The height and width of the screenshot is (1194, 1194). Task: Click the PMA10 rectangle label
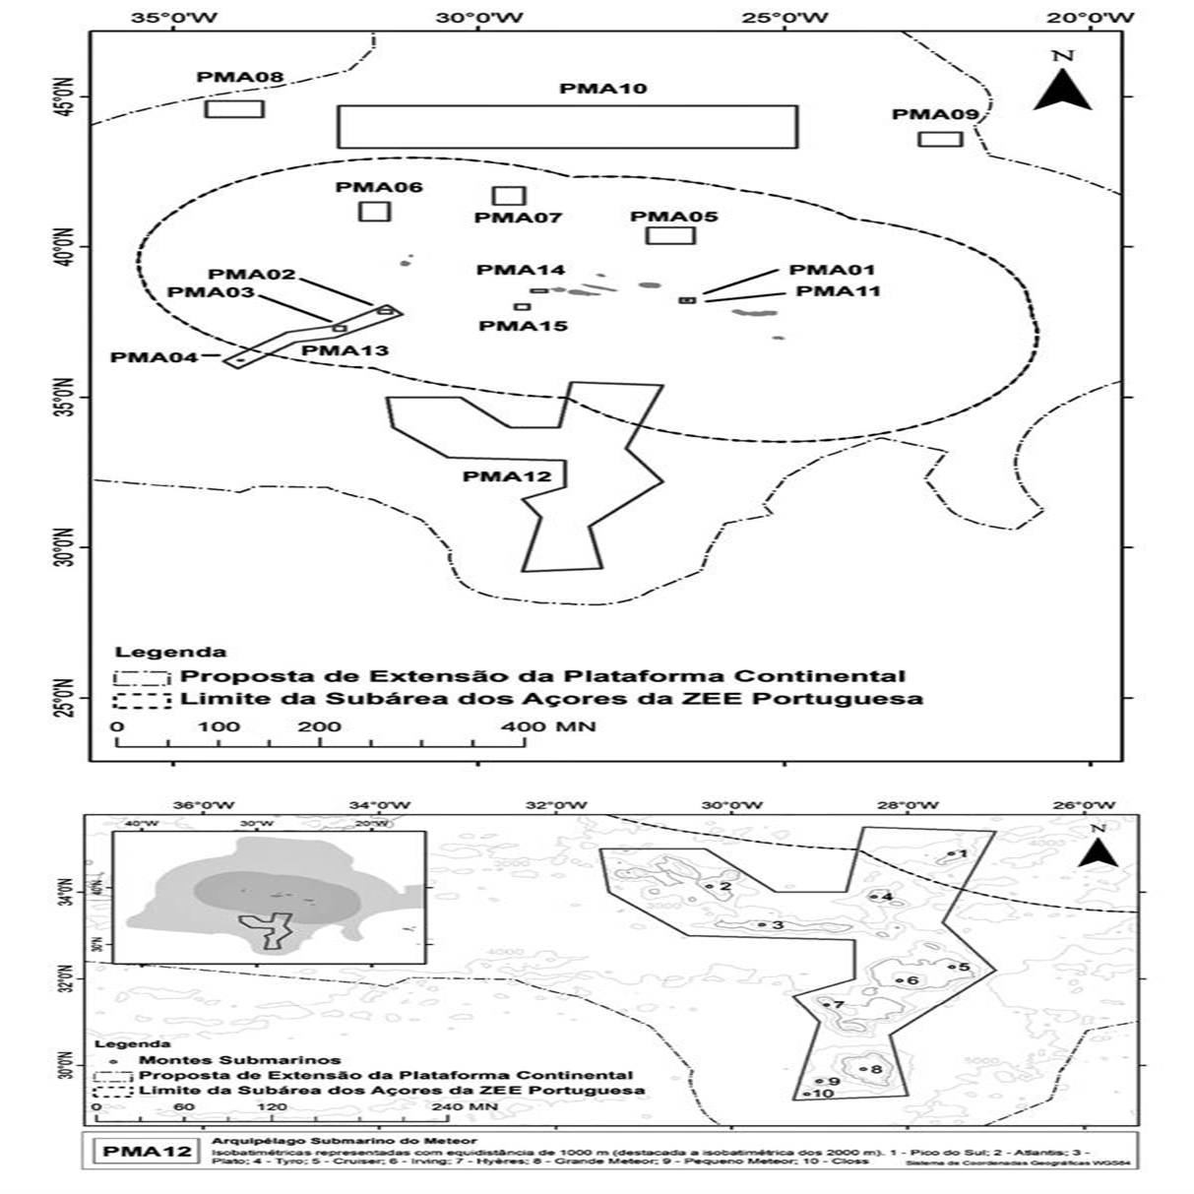pyautogui.click(x=603, y=89)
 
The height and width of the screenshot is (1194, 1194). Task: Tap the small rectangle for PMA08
pyautogui.click(x=234, y=109)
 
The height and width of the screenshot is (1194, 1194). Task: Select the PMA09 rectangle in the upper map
pyautogui.click(x=940, y=139)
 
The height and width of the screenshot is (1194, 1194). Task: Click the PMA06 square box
pyautogui.click(x=375, y=211)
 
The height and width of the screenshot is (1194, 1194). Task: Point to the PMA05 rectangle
pyautogui.click(x=670, y=235)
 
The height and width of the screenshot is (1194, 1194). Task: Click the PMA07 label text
pyautogui.click(x=518, y=218)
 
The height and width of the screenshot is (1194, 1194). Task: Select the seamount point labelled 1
pyautogui.click(x=951, y=854)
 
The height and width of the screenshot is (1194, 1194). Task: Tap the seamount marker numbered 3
pyautogui.click(x=762, y=924)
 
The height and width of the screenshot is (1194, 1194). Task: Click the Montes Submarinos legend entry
pyautogui.click(x=239, y=1060)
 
